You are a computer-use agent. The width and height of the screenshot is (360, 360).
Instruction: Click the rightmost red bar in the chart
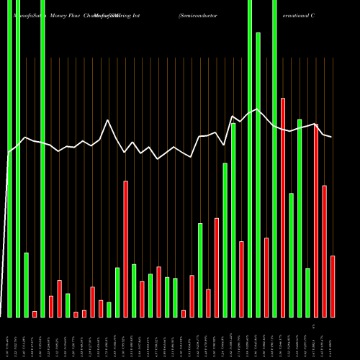pyautogui.click(x=333, y=286)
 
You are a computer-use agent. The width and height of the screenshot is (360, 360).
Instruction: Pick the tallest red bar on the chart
pyautogui.click(x=283, y=207)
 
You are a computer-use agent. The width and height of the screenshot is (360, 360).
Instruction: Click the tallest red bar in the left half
pyautogui.click(x=125, y=248)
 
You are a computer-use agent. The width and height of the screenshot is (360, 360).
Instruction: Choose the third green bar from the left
pyautogui.click(x=26, y=284)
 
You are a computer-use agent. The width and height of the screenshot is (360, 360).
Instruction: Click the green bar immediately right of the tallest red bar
pyautogui.click(x=292, y=255)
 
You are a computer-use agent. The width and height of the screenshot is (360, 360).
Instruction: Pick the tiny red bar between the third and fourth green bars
pyautogui.click(x=35, y=314)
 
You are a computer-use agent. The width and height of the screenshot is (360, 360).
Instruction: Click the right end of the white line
pyautogui.click(x=332, y=137)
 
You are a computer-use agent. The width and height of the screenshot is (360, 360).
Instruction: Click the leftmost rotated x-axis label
pyautogui.click(x=9, y=338)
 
